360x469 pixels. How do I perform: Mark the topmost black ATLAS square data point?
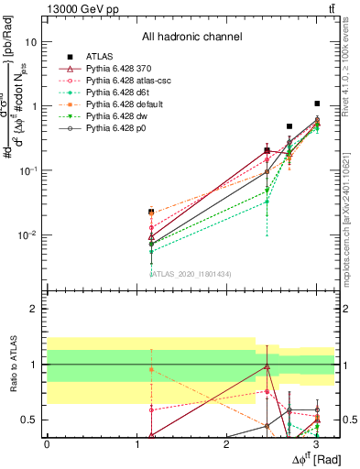pos(317,104)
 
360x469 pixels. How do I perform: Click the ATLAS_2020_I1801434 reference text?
pos(191,273)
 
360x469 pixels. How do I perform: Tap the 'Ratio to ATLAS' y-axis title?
pos(13,365)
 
